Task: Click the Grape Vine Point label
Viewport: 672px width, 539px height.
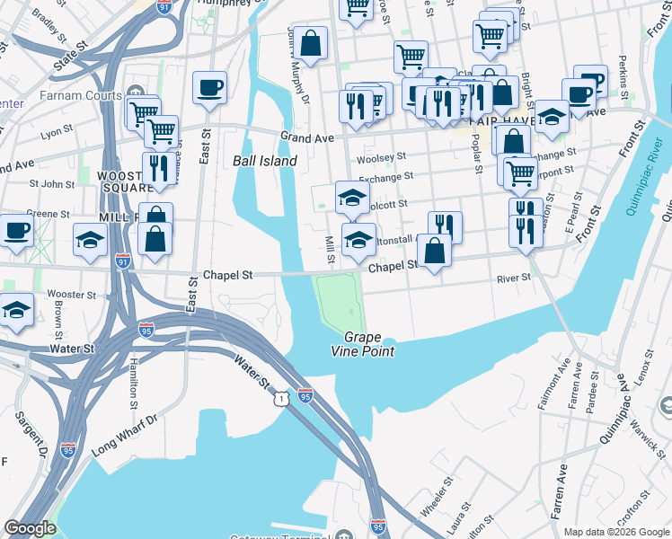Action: (x=368, y=344)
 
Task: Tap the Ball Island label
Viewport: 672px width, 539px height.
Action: (x=264, y=161)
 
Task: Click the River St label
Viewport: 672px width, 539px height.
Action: (x=514, y=278)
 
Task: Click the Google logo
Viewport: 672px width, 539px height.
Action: (x=30, y=528)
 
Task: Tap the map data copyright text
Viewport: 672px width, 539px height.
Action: (x=616, y=532)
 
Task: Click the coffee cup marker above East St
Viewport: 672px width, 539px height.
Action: (x=209, y=88)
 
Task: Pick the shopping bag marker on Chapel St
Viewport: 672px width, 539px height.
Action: (x=434, y=252)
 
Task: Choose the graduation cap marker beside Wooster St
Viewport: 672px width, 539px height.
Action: (x=15, y=310)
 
